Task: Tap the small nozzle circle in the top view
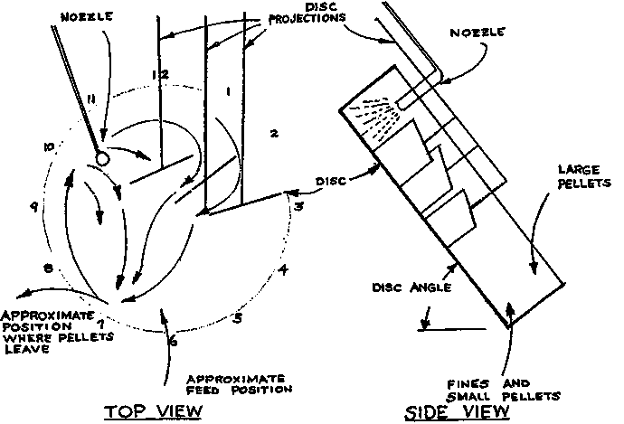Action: point(102,157)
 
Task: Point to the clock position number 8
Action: point(48,269)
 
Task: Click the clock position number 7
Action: point(102,321)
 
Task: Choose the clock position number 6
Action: point(173,341)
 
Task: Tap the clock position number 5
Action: point(237,317)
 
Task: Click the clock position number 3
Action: point(299,206)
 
